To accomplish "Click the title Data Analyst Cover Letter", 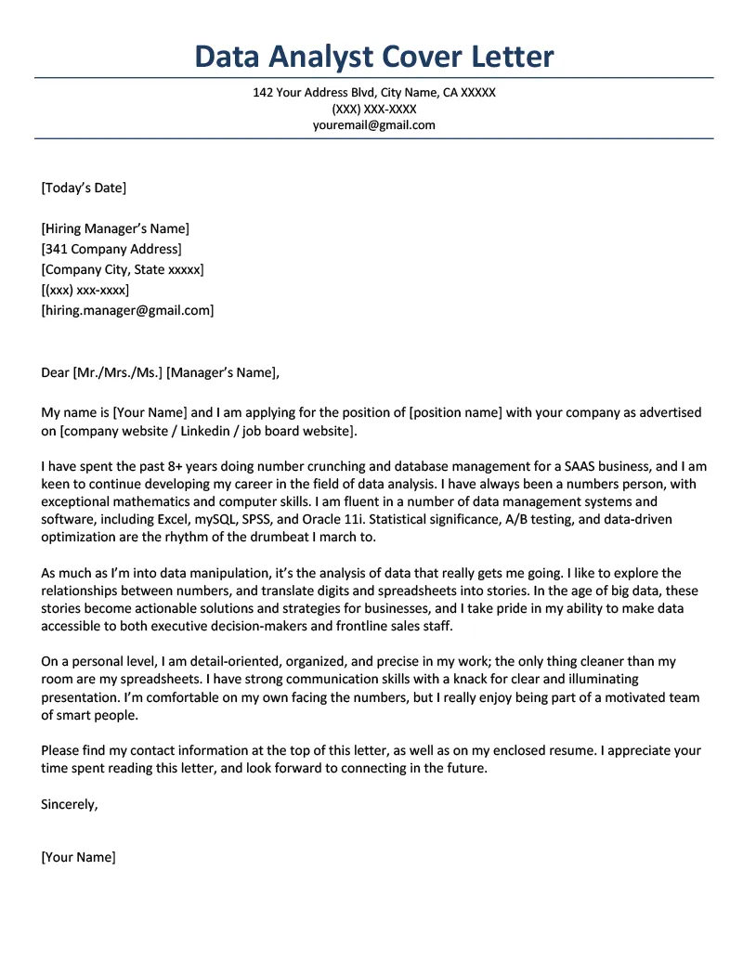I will (374, 57).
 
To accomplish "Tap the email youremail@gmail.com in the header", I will (374, 125).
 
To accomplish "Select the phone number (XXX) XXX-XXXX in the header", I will (374, 109).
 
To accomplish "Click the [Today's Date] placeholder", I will (84, 188).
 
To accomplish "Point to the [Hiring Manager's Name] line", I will (115, 228).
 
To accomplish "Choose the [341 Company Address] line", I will (111, 249).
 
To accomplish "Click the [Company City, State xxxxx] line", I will (123, 269).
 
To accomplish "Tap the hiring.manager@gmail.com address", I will (127, 310).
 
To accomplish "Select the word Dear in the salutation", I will (55, 373).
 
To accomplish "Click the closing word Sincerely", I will (69, 804).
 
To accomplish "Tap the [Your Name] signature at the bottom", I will (79, 857).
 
